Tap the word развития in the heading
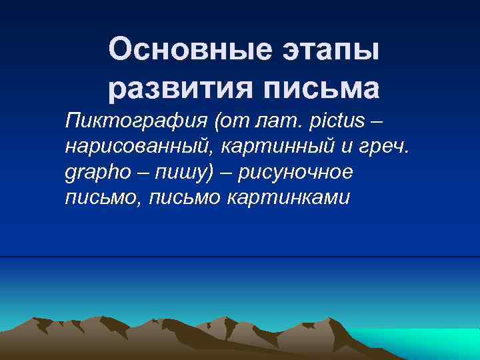(x=178, y=88)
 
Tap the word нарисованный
(x=136, y=147)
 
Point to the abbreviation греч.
(x=393, y=147)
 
